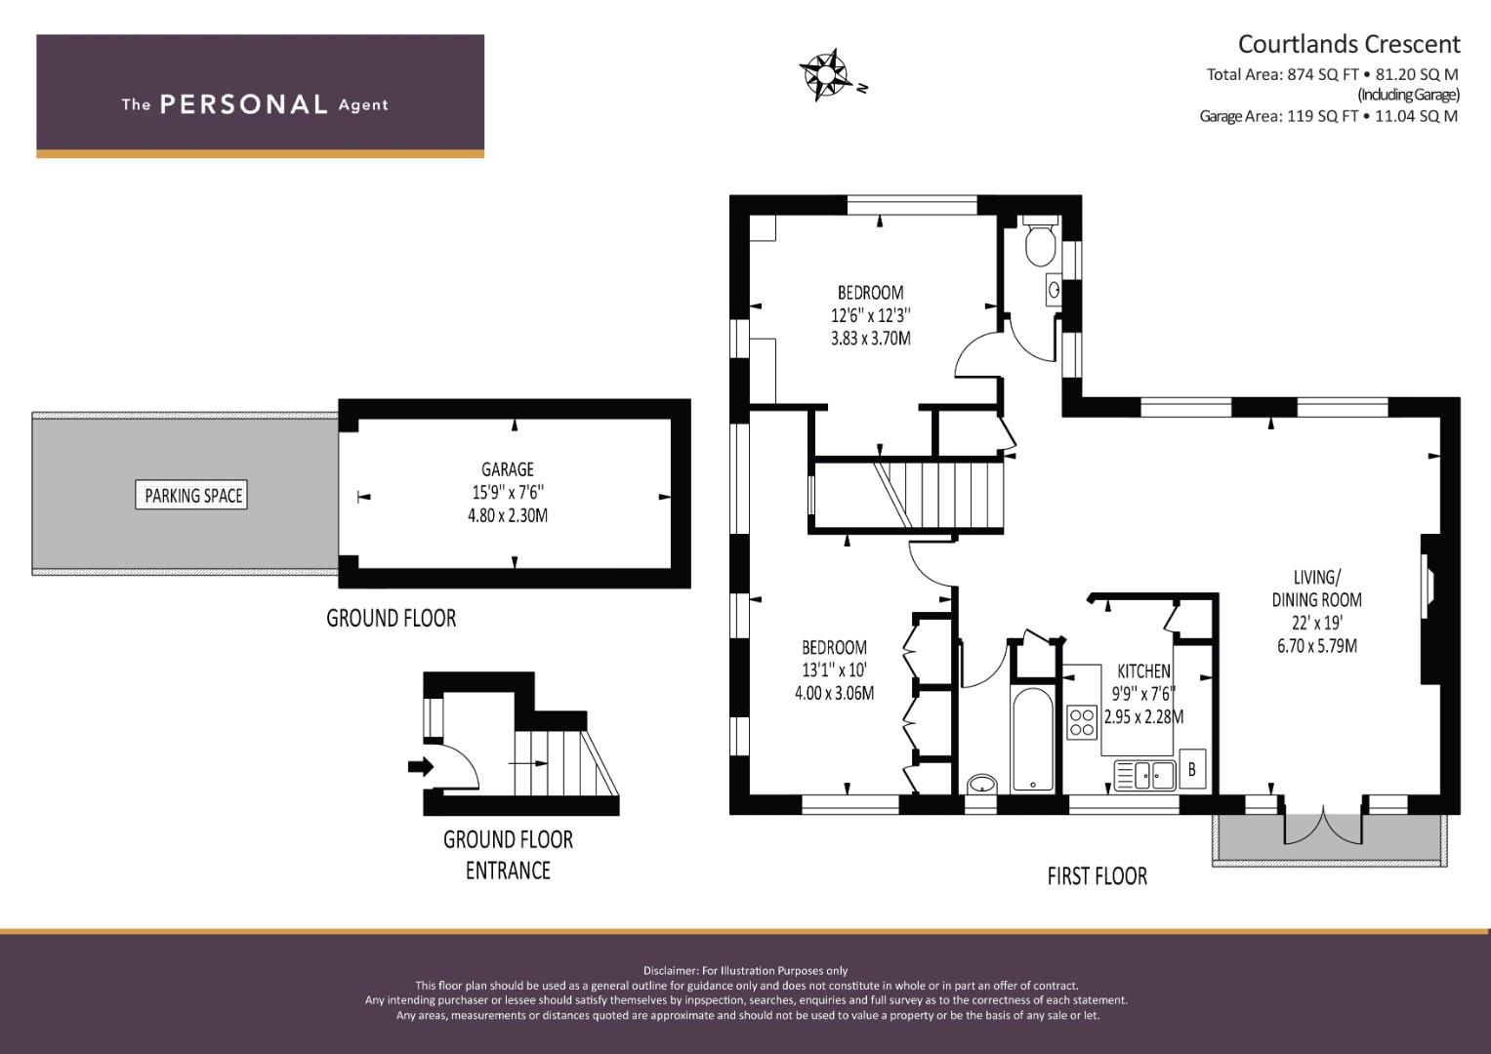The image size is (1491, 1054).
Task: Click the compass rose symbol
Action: coord(825,74)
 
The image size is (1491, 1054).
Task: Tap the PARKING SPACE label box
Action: coord(191,495)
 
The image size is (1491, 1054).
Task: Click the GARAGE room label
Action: coord(508,469)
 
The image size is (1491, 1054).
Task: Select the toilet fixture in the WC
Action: coord(1040,241)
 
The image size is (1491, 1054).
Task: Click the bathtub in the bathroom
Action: coord(1032,740)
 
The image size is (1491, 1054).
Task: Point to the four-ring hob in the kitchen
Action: coord(1082,722)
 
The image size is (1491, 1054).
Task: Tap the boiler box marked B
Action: coord(1192,769)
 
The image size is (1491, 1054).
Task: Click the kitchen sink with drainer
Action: coord(1145,775)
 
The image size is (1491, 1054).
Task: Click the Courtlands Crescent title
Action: coord(1348,45)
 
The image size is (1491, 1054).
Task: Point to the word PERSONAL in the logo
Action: coord(244,104)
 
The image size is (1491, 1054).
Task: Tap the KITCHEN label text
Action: coord(1143,671)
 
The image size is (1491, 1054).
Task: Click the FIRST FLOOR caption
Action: coord(1098,876)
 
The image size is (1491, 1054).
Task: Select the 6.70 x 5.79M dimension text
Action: coord(1316,646)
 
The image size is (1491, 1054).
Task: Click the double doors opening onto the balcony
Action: coord(1323,827)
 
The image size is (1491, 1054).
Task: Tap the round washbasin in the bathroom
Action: coord(981,783)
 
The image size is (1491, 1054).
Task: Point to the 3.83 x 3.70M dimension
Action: coord(871,339)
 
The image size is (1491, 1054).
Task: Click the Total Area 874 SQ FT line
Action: coord(1333,74)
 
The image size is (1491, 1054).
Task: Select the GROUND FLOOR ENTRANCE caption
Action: coord(508,855)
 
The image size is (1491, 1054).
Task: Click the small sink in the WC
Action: coord(1054,290)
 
